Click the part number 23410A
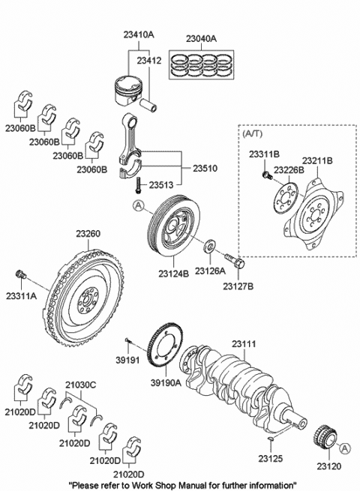pyautogui.click(x=139, y=34)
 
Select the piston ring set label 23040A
pyautogui.click(x=201, y=38)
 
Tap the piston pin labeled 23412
pyautogui.click(x=148, y=105)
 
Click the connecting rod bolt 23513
pyautogui.click(x=137, y=185)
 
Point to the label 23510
pyautogui.click(x=205, y=169)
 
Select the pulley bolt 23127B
pyautogui.click(x=235, y=261)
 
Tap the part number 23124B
pyautogui.click(x=173, y=274)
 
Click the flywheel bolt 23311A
pyautogui.click(x=21, y=274)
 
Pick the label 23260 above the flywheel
pyautogui.click(x=88, y=234)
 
